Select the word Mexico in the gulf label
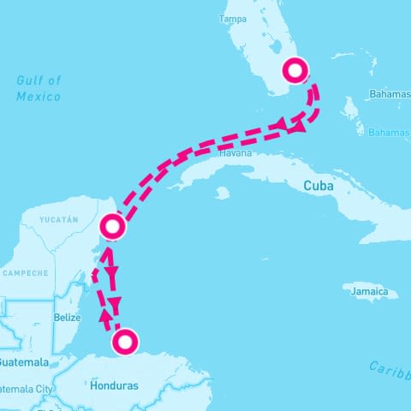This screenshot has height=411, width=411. click(38, 96)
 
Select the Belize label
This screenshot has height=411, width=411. click(67, 318)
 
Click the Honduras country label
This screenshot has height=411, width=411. click(113, 385)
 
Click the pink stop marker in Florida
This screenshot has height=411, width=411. click(295, 70)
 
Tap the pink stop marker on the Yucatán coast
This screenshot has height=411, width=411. click(113, 227)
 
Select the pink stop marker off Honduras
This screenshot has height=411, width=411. click(125, 342)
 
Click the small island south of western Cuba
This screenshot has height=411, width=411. click(222, 194)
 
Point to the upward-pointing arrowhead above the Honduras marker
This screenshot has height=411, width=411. click(105, 318)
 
